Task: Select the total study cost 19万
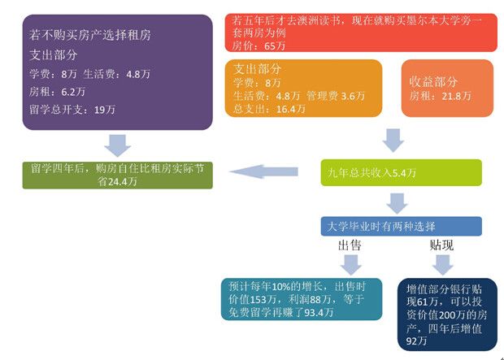102,111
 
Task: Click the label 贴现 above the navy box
441,245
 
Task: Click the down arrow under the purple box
119,145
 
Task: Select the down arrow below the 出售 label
350,265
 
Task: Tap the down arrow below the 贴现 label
441,265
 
